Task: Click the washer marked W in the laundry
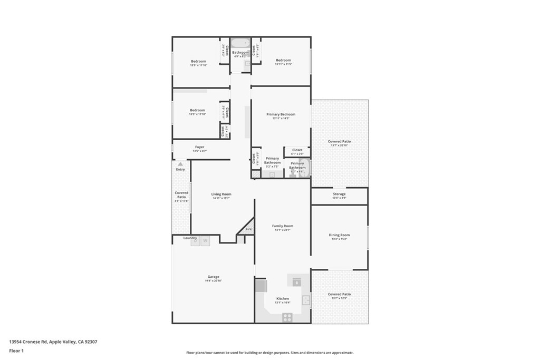point(206,241)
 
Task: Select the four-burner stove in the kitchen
point(287,317)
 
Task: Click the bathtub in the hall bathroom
point(240,43)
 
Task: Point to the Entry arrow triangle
point(180,164)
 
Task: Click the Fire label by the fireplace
point(248,229)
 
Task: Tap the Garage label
point(213,277)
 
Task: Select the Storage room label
point(339,194)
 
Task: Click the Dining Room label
point(339,235)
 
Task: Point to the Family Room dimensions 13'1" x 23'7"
point(283,230)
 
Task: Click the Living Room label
point(221,194)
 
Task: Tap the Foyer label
point(199,147)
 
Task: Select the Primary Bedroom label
point(281,114)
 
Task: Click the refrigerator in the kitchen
point(261,286)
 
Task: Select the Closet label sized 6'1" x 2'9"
point(297,150)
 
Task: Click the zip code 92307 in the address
point(90,342)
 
